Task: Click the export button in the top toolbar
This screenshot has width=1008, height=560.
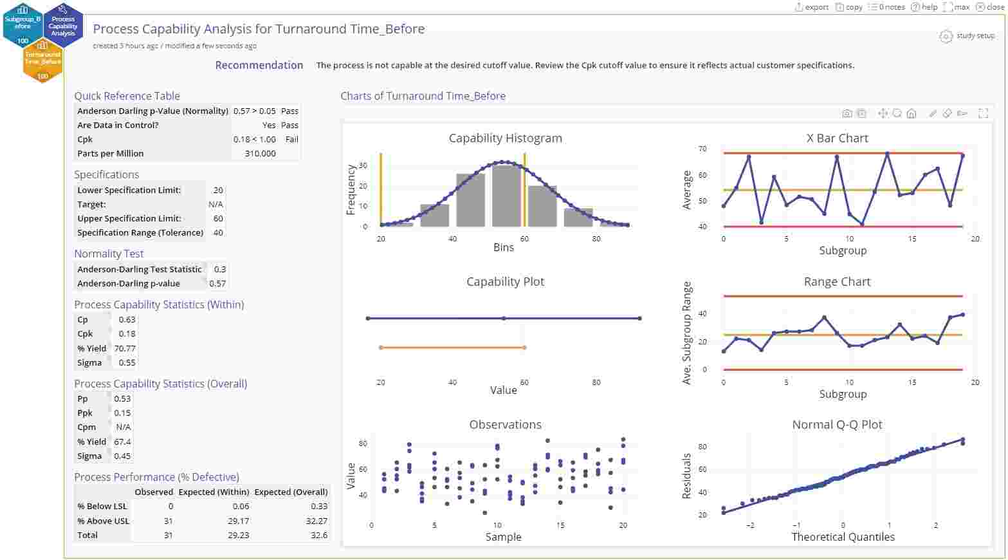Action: [812, 7]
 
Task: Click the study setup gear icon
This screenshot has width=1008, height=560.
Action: [946, 36]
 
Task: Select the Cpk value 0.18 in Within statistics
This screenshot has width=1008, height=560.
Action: [127, 333]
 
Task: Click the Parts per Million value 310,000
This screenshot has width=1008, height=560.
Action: [260, 153]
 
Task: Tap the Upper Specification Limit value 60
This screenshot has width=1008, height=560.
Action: [218, 218]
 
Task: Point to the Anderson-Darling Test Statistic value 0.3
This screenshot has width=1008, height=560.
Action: [219, 269]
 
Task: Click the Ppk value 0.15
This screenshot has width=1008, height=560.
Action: [122, 413]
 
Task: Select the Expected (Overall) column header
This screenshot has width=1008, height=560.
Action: [291, 492]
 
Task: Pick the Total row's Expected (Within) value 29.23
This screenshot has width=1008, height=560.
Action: [238, 535]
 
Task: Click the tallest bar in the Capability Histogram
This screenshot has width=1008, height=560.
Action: [506, 196]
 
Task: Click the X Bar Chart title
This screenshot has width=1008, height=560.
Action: [837, 138]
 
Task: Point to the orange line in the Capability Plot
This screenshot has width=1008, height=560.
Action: [452, 348]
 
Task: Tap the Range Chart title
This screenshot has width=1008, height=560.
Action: [837, 281]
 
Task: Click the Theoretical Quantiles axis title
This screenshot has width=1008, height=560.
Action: [843, 537]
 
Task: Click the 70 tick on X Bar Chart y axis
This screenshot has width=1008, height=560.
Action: [702, 149]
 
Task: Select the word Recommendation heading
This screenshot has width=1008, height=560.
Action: [259, 65]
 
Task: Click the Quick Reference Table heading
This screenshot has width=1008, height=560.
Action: [127, 96]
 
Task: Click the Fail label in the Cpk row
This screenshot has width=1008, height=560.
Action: [291, 139]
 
